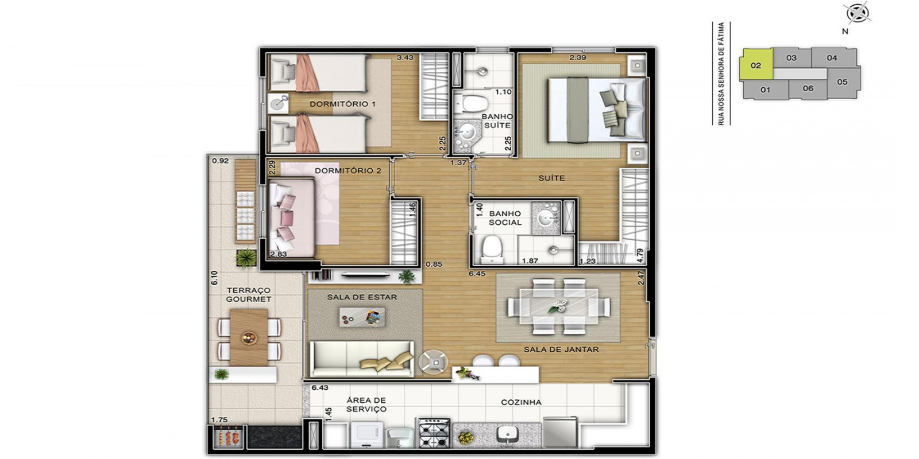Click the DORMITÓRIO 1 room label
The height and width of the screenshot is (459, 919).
342,104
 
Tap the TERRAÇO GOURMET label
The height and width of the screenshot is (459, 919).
249,295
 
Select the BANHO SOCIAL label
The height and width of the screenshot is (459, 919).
505,218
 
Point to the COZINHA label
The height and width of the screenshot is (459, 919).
521,402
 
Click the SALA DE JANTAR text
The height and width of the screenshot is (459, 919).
561,349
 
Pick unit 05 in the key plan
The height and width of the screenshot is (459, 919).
842,82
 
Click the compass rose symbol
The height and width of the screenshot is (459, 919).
858,13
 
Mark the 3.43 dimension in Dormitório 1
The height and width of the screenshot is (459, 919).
405,58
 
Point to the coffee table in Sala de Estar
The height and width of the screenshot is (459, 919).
362,318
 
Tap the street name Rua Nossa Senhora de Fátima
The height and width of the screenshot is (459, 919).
721,74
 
